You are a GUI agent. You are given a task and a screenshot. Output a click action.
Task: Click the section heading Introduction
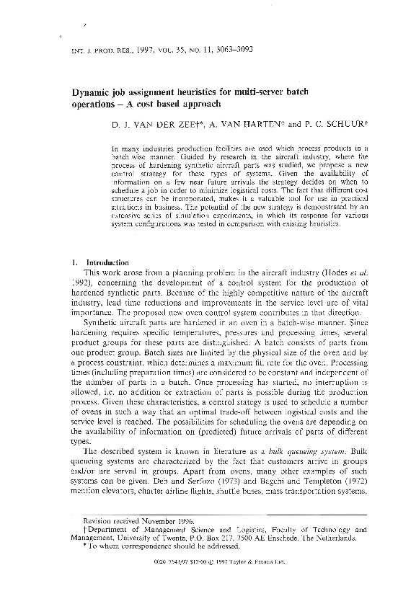pos(107,262)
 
